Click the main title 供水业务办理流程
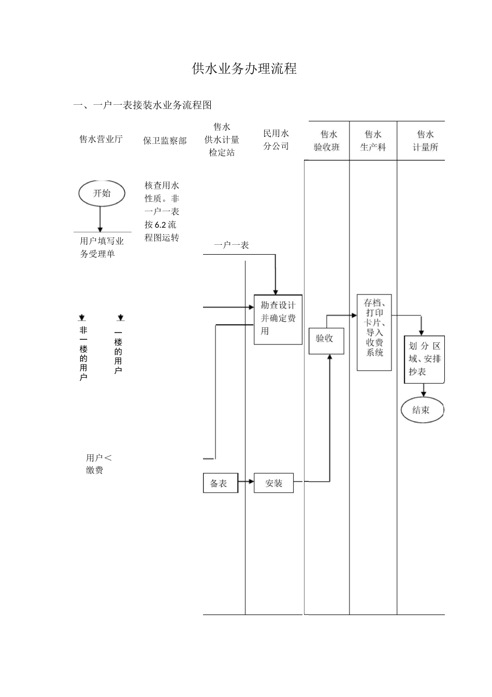[x=244, y=69]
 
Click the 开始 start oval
[x=102, y=193]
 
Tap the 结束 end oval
[x=422, y=410]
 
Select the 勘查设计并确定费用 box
[x=278, y=319]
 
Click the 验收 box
[x=326, y=340]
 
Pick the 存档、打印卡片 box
[x=374, y=332]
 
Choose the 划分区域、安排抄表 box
[x=424, y=359]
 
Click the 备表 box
[x=220, y=483]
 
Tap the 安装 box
[x=273, y=483]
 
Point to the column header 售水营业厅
[x=101, y=139]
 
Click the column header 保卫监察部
[x=165, y=141]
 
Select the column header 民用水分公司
[x=276, y=140]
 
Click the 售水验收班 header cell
[x=326, y=141]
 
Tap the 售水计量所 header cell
[x=425, y=141]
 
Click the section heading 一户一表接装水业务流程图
[x=142, y=105]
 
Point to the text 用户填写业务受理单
[x=102, y=247]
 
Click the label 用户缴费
[x=98, y=464]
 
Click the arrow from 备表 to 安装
[x=246, y=482]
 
